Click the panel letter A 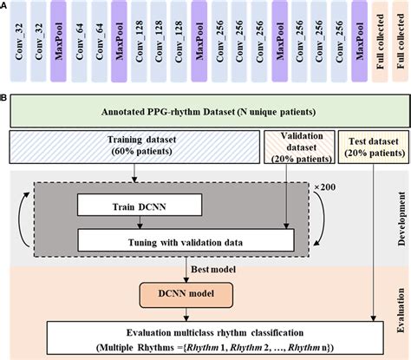[4, 5]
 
